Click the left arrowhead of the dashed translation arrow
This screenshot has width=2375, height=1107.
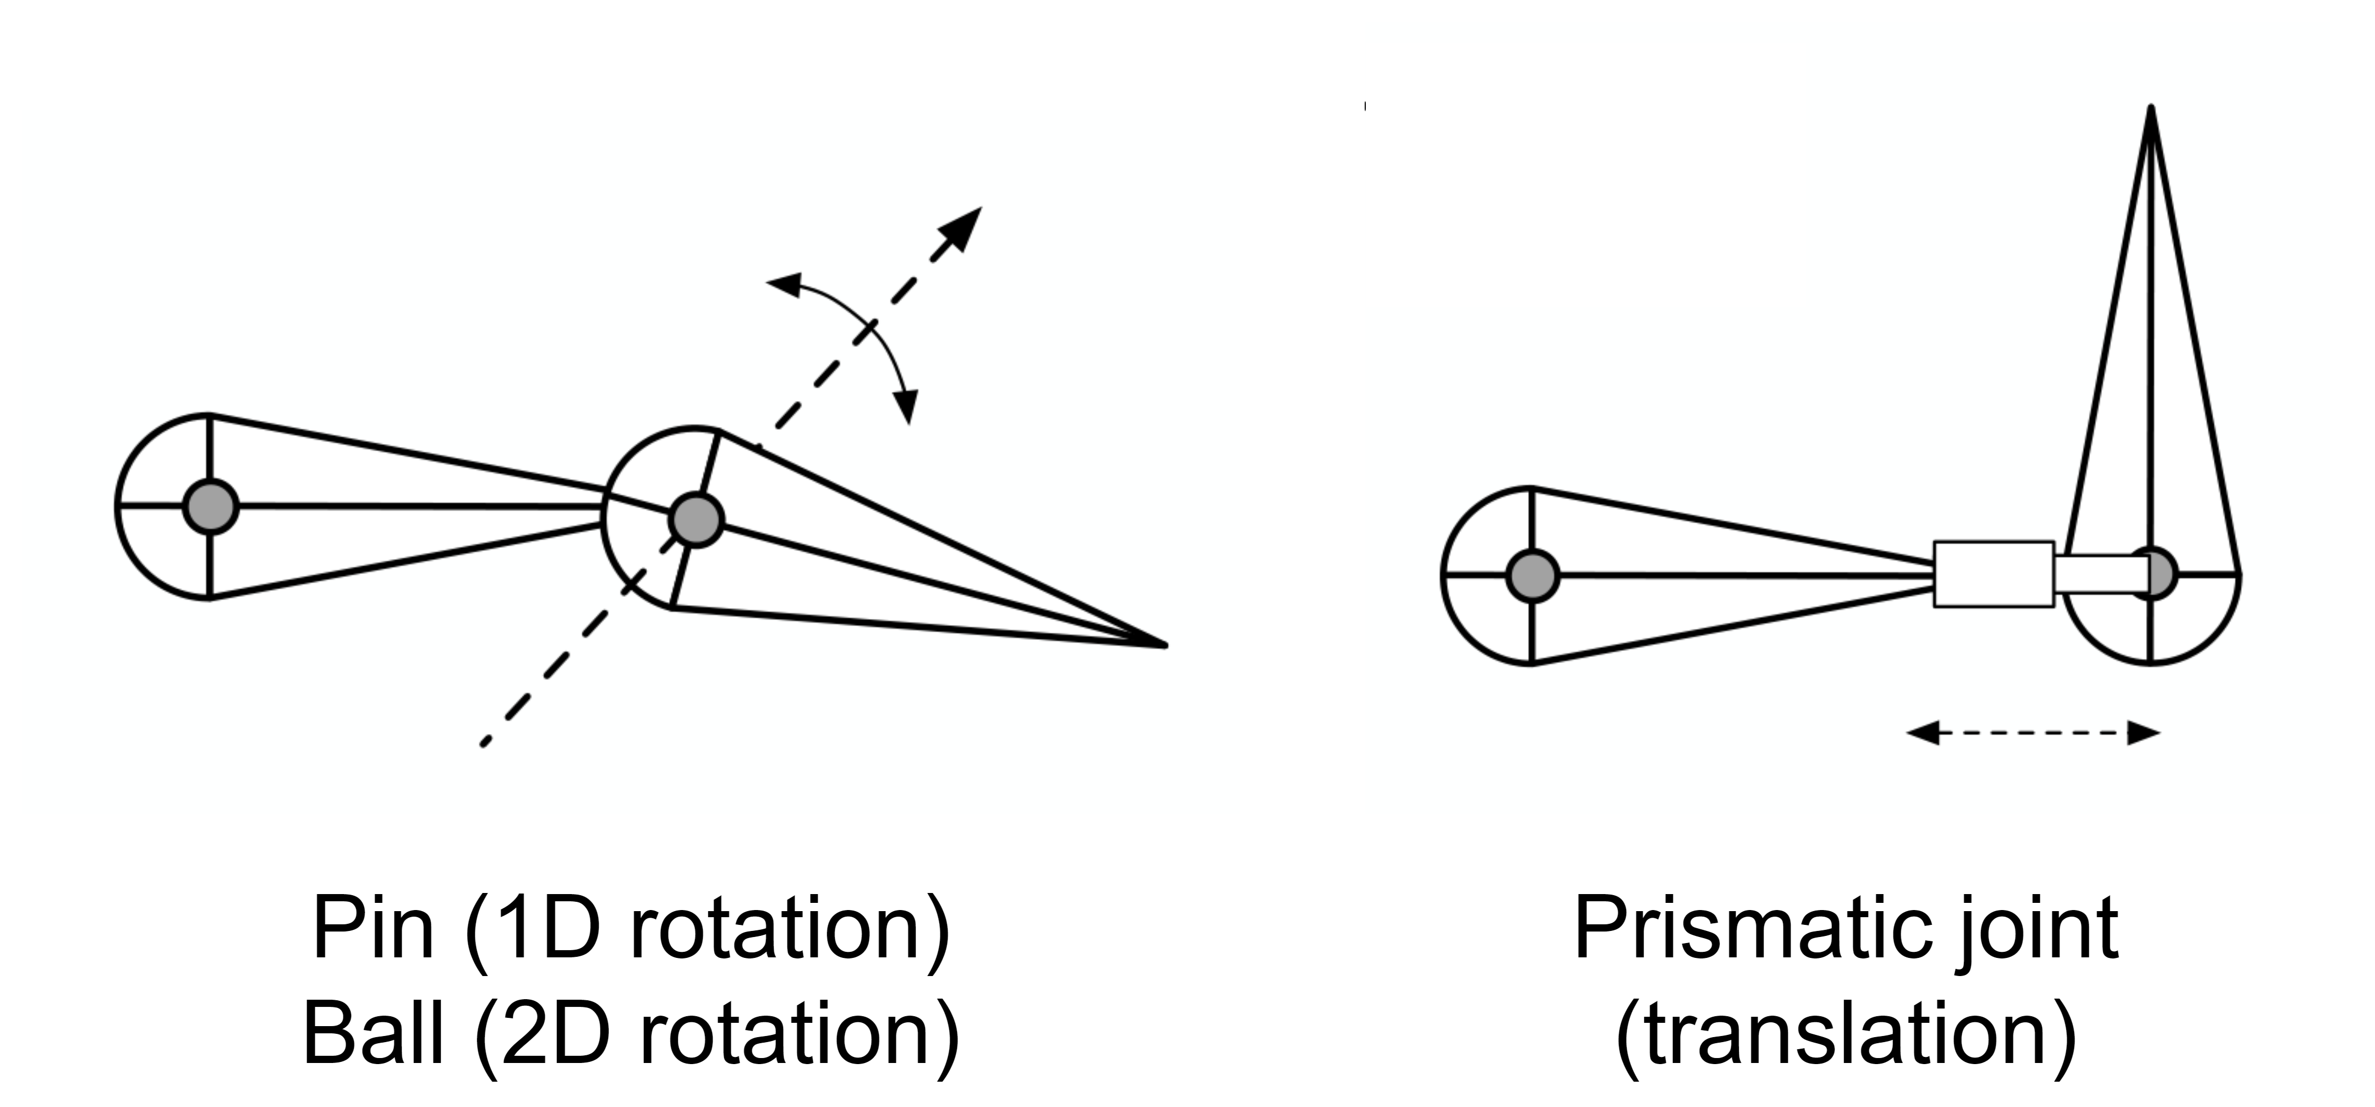point(1922,733)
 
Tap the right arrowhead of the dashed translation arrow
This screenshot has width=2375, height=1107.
point(2143,733)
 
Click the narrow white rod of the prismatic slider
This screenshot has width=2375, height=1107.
point(2102,575)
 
